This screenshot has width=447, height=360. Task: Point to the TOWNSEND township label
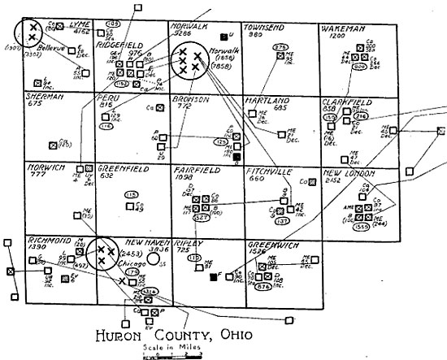pyautogui.click(x=264, y=27)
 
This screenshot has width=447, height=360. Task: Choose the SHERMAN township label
pyautogui.click(x=44, y=96)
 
